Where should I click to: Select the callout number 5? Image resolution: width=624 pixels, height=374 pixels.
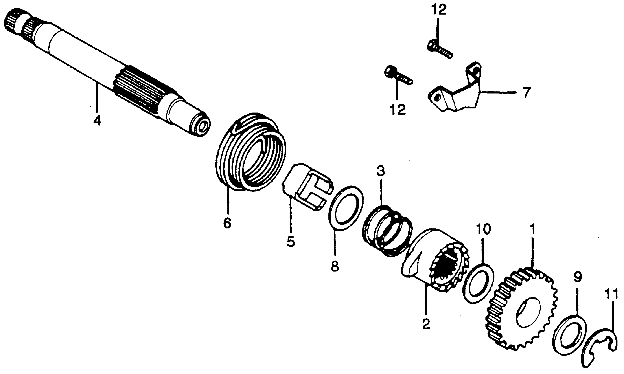point(291,241)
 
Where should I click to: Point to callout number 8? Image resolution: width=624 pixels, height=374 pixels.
point(335,266)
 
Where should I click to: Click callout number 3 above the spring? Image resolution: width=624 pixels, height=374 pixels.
point(381,171)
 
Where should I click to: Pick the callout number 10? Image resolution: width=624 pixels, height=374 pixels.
point(483,229)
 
